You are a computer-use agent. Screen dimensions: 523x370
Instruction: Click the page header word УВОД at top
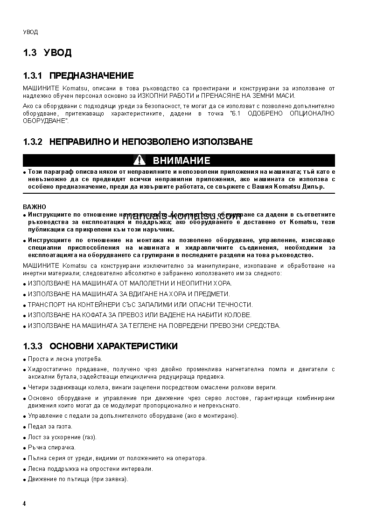[30, 32]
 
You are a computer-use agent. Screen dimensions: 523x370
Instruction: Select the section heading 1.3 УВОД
[47, 53]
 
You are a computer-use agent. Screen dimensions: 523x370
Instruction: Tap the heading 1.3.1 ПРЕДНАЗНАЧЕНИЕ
[78, 76]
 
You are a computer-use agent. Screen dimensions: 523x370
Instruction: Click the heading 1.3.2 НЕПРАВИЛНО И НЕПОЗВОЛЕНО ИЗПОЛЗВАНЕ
[138, 142]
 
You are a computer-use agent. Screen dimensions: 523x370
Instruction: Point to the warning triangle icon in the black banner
[139, 161]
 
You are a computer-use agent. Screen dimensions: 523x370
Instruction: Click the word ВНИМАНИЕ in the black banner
[182, 161]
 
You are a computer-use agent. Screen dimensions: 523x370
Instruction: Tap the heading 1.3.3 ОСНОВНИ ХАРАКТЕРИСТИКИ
[100, 346]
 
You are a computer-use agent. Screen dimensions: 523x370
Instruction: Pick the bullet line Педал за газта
[50, 426]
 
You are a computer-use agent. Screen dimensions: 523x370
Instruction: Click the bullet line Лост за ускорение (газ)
[61, 437]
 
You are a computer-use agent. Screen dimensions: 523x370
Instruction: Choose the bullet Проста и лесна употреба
[65, 359]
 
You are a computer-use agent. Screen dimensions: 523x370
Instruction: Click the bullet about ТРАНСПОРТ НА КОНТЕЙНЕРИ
[140, 305]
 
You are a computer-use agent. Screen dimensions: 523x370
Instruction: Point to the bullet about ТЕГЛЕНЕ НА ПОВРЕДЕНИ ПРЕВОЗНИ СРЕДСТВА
[154, 326]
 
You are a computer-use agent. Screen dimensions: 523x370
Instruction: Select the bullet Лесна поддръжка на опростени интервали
[90, 469]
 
